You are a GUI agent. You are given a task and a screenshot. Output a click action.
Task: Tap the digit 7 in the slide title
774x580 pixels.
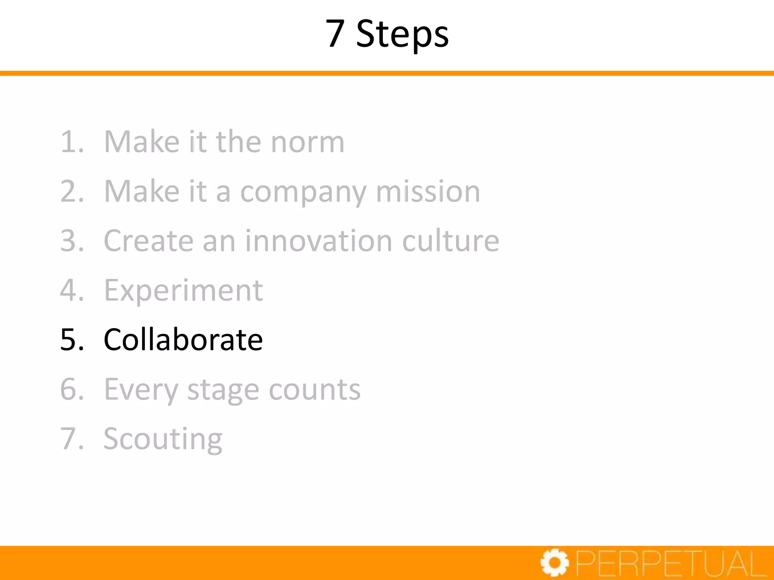point(335,34)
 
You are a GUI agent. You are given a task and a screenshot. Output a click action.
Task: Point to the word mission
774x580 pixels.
point(428,191)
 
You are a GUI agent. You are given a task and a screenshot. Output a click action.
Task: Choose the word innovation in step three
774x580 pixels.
point(319,241)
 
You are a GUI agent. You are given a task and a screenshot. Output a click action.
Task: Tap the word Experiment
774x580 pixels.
point(183,291)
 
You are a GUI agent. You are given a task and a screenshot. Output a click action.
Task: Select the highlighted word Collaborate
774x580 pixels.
point(183,339)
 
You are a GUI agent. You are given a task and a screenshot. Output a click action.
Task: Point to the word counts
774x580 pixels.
point(314,390)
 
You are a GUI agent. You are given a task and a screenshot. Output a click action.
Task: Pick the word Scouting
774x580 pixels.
point(163,440)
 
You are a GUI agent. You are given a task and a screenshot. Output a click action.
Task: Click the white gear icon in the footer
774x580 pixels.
point(554,563)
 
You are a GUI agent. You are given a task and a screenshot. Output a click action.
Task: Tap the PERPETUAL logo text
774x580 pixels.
point(671,564)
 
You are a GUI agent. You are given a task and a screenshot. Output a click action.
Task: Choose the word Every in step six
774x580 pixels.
point(141,390)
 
